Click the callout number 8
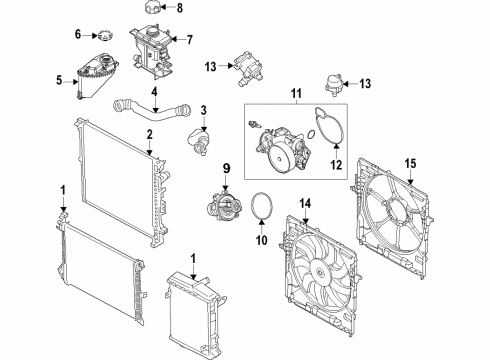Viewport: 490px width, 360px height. (180, 8)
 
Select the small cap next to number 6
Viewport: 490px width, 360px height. (107, 34)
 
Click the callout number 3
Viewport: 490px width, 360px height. (203, 109)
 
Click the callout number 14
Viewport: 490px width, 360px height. (306, 204)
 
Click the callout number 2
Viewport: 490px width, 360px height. (148, 133)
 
